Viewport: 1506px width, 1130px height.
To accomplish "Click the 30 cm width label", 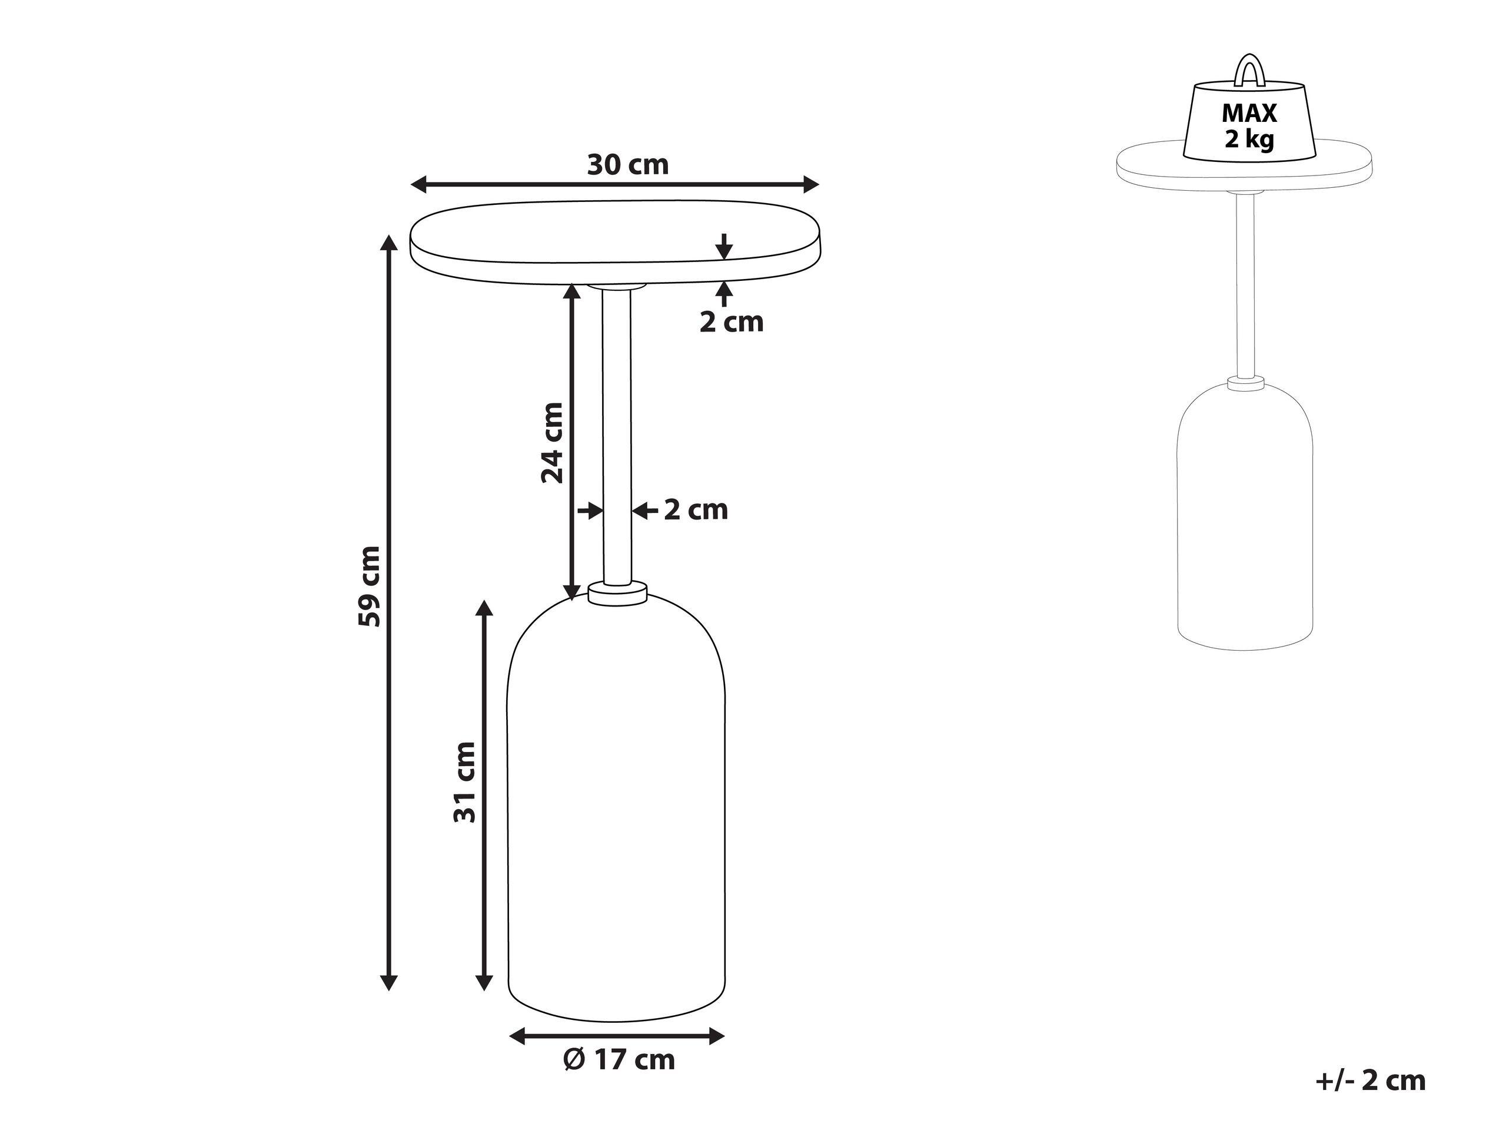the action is pyautogui.click(x=628, y=165).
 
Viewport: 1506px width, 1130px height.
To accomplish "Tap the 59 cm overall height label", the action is pyautogui.click(x=370, y=586).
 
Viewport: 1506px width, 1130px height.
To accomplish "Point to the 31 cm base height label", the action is pyautogui.click(x=465, y=782).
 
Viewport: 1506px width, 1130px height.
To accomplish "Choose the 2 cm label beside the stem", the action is pyautogui.click(x=696, y=509).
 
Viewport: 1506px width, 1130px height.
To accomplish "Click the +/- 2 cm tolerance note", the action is pyautogui.click(x=1371, y=1081).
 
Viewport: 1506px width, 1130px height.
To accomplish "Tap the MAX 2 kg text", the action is pyautogui.click(x=1249, y=125).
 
